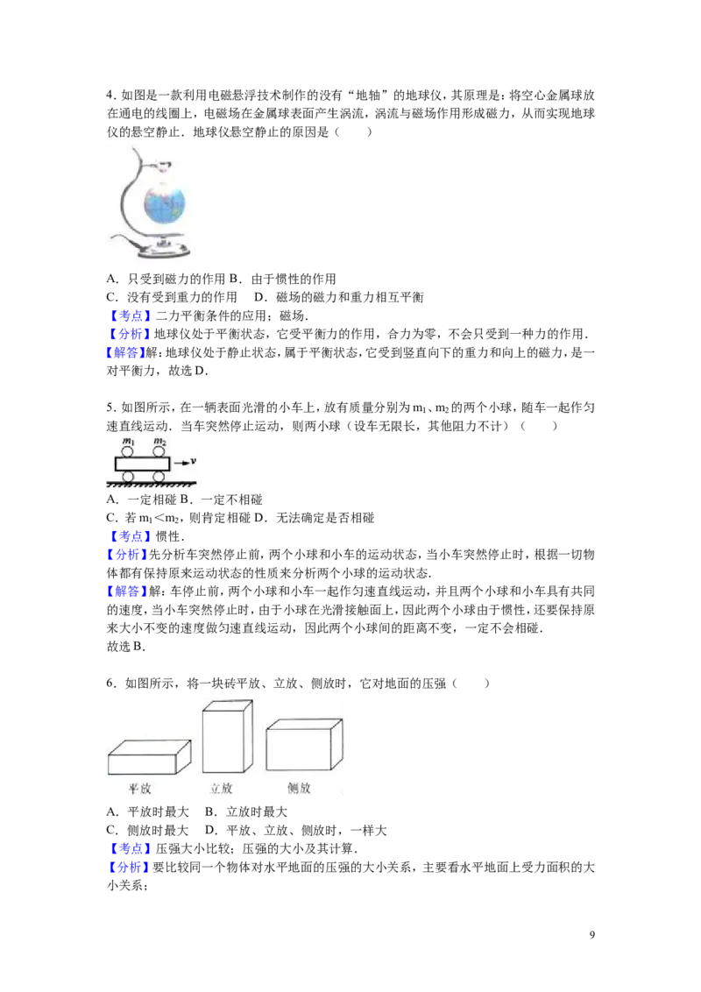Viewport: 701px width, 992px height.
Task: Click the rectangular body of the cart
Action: [143, 464]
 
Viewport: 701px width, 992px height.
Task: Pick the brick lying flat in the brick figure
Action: [149, 756]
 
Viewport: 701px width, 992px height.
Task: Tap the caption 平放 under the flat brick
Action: [140, 789]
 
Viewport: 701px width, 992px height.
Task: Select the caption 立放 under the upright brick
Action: [221, 789]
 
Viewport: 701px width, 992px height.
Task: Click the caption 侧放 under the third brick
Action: [299, 788]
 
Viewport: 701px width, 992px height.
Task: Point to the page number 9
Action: [592, 935]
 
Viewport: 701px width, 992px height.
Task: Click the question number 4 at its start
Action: [110, 96]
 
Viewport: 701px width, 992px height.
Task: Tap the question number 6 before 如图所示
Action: [110, 684]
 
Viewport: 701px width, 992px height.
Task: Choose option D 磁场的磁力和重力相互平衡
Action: [339, 297]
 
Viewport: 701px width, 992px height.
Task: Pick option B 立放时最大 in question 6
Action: [246, 811]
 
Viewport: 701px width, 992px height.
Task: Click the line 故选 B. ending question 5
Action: [126, 647]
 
